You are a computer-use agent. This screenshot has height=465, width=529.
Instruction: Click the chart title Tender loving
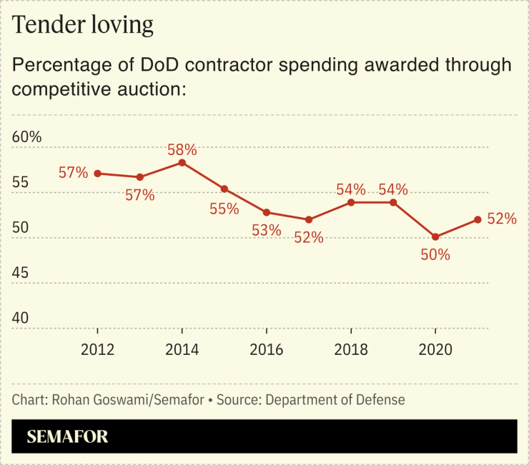coord(83,25)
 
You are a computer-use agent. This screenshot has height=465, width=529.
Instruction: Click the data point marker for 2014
coord(182,163)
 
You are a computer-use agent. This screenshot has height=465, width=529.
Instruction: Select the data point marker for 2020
coord(435,236)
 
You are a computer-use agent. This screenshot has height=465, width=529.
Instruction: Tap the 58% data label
coord(182,150)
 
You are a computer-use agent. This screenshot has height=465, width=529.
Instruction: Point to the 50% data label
coord(435,254)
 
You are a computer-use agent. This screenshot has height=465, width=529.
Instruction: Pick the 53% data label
coord(266,231)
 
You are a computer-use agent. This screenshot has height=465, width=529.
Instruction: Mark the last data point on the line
coord(478,220)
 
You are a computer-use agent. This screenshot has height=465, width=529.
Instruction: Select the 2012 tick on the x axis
coord(98,349)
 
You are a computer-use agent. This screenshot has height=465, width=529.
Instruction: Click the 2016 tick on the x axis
coord(267,349)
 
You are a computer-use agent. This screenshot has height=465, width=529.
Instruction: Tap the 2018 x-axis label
coord(351,349)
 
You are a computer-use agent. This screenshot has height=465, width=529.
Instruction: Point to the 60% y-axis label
coord(28,136)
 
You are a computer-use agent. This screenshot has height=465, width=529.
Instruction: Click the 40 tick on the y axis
coord(22,318)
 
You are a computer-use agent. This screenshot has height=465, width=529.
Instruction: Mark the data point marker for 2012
coord(98,174)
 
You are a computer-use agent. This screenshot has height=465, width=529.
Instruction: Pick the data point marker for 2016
coord(267,212)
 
